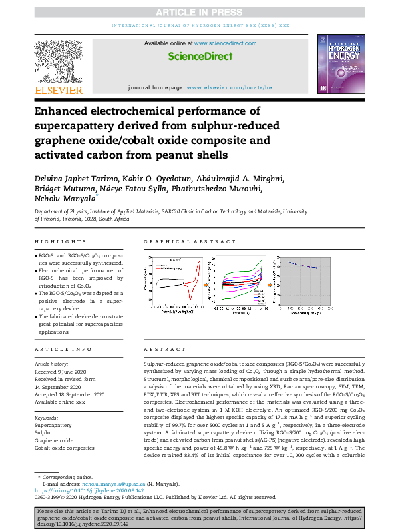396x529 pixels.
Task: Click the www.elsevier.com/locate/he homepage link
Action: coord(230,87)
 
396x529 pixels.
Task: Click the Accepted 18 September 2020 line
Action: coord(67,394)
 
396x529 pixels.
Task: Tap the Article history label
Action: coord(51,364)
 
